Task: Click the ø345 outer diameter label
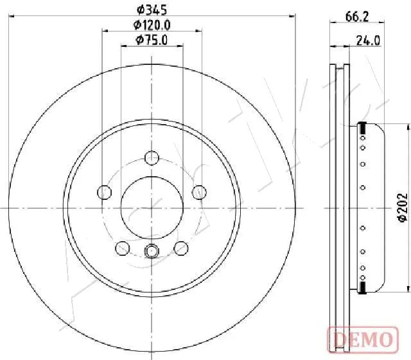pos(152,10)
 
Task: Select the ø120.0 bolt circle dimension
pos(152,25)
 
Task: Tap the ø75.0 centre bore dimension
pos(152,40)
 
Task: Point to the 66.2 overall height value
pos(355,18)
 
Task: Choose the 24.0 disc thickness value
pos(369,40)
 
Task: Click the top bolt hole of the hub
pos(152,157)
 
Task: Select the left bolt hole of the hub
pos(103,192)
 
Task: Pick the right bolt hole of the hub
pos(200,192)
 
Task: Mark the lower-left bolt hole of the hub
pos(121,248)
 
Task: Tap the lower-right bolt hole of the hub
pos(182,248)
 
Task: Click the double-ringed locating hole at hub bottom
pos(152,252)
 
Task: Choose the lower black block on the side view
pos(362,287)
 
